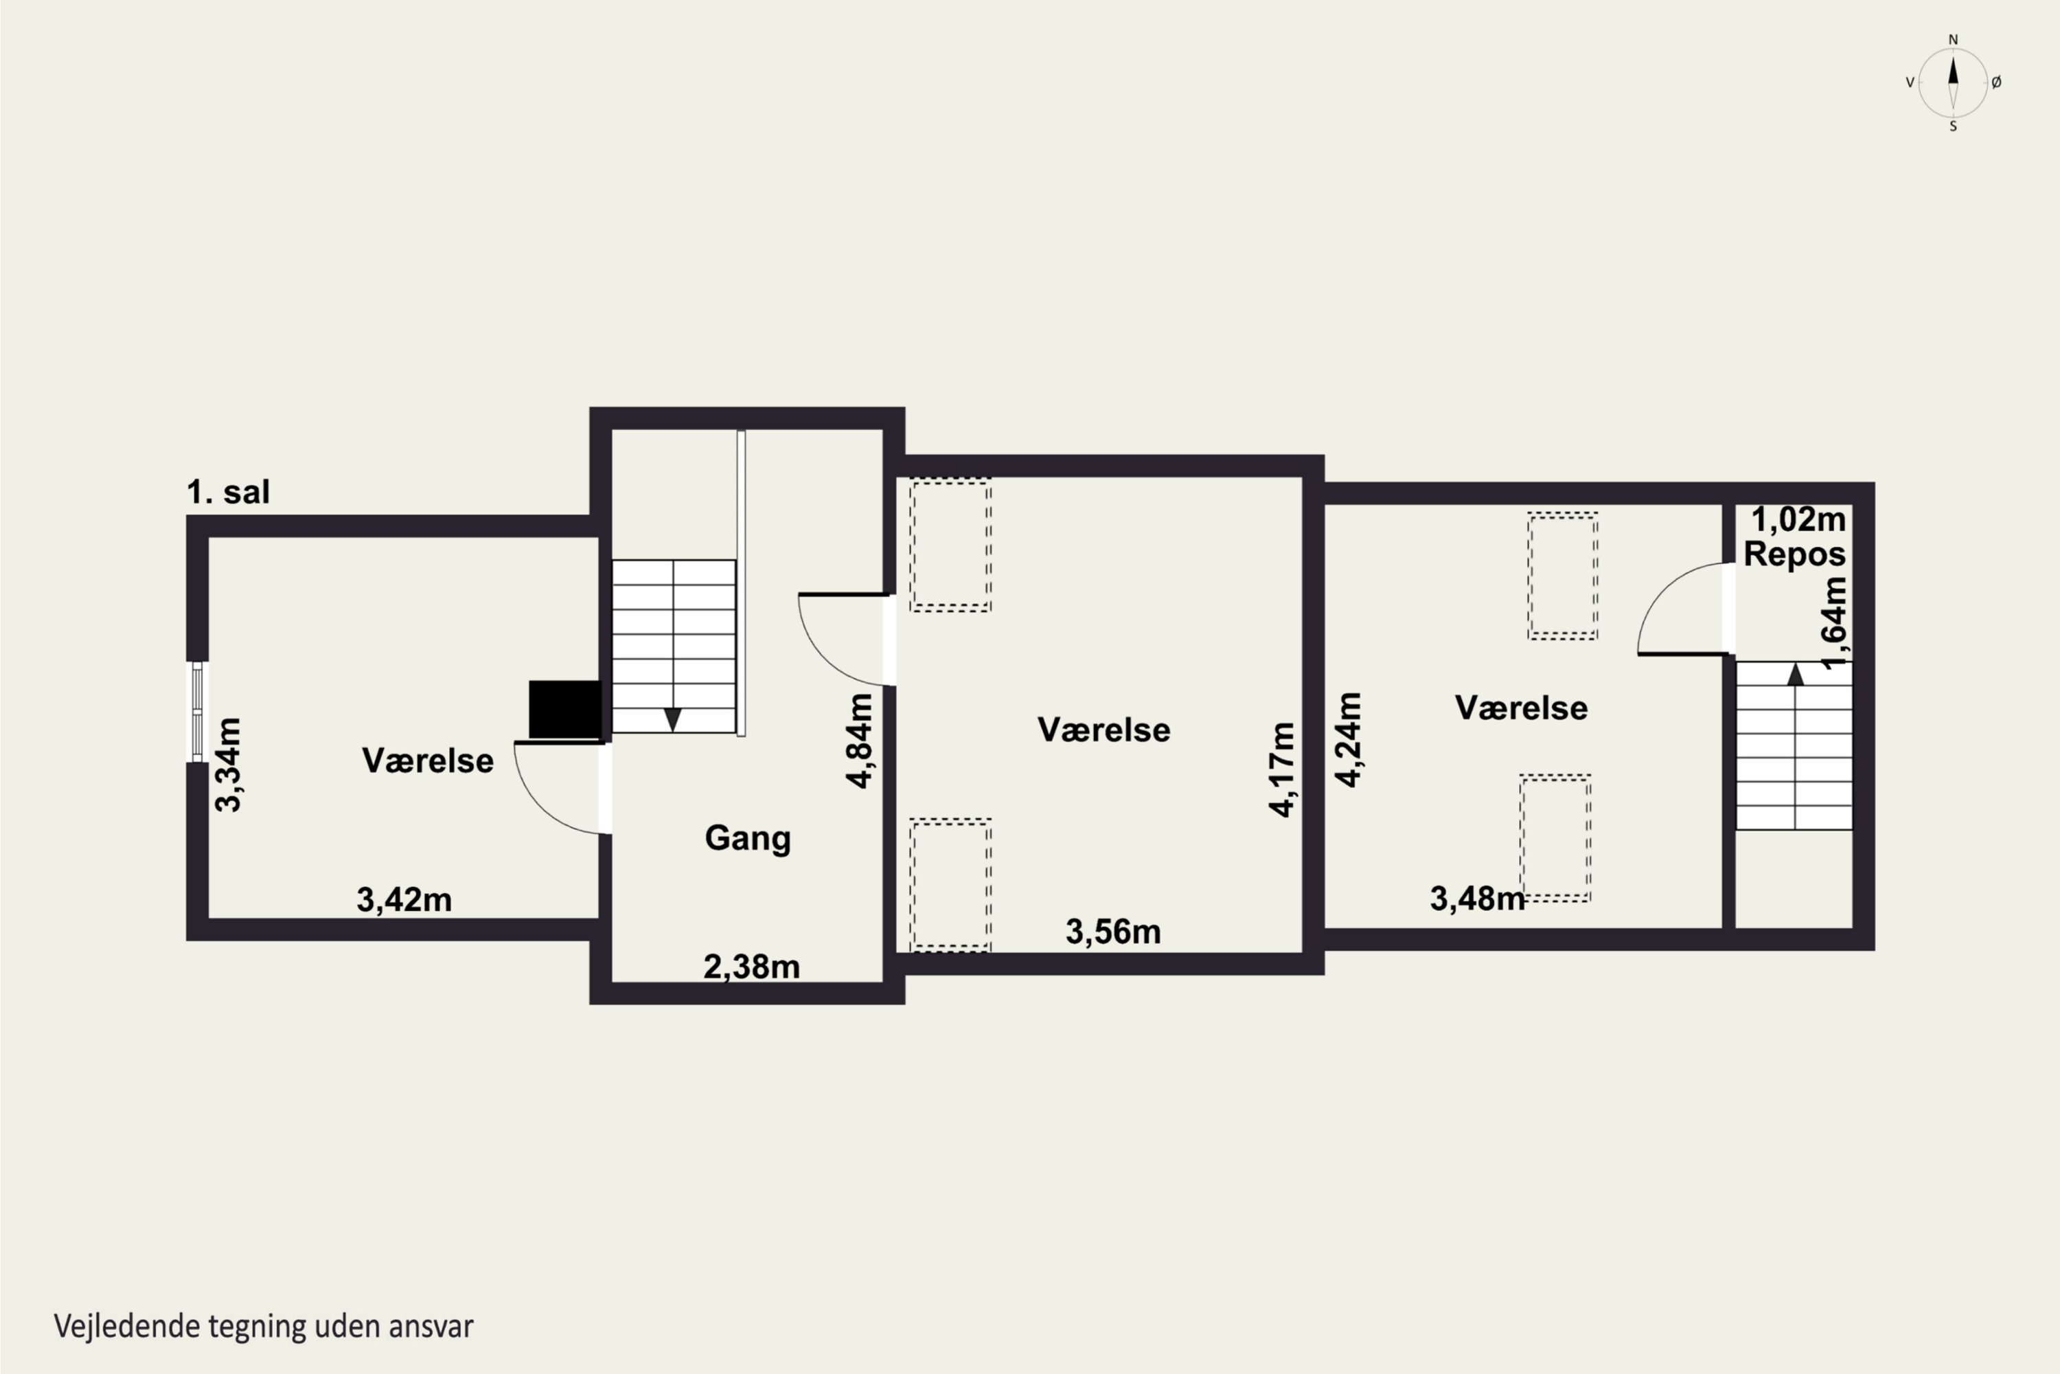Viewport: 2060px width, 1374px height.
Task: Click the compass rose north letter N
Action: pos(1952,39)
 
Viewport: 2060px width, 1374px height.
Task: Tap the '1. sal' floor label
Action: pos(229,493)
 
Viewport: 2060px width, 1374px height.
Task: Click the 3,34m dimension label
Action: pos(229,764)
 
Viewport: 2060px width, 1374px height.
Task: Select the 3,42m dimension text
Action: pos(404,900)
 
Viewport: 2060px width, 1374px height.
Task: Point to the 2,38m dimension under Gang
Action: pos(751,967)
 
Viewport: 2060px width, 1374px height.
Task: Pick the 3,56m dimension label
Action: pos(1113,932)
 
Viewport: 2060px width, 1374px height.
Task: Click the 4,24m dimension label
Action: pos(1349,740)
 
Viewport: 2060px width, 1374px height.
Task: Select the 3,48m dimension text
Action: pos(1478,898)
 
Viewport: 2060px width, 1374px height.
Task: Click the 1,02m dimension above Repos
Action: pos(1798,519)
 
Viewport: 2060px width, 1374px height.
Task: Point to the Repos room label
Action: pos(1795,554)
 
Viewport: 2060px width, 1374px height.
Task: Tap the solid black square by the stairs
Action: pos(565,709)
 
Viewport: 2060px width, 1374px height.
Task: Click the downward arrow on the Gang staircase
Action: pos(673,719)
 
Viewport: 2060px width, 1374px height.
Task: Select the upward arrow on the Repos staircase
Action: pos(1796,674)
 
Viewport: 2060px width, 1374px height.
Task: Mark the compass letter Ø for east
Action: pos(1996,82)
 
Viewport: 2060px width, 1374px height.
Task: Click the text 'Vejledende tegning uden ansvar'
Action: pos(264,1327)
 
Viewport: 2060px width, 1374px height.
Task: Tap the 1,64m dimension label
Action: pos(1834,623)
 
